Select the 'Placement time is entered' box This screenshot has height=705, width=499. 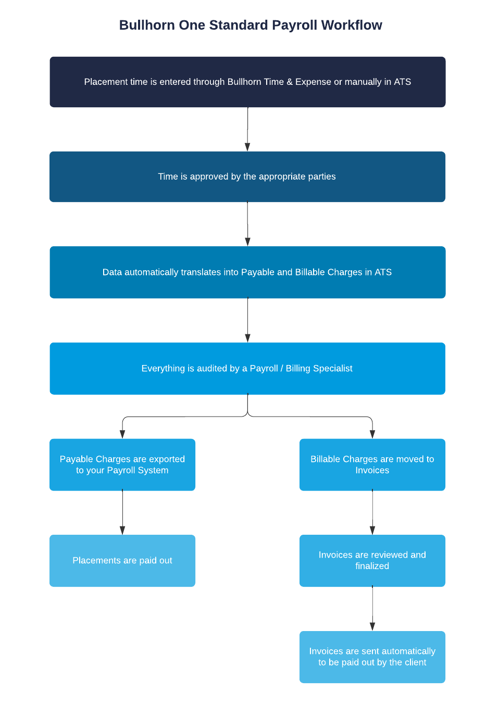tap(247, 82)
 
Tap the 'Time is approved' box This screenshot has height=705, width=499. tap(247, 177)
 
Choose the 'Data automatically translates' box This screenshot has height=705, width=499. tap(247, 272)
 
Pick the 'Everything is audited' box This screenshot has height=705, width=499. tap(247, 369)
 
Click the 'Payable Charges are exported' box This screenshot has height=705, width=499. tap(122, 464)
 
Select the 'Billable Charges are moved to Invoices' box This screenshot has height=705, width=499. tap(372, 464)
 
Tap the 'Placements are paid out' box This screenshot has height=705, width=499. tap(122, 561)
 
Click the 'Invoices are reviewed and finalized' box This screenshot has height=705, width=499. tap(372, 561)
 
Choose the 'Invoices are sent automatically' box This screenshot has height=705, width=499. tap(372, 657)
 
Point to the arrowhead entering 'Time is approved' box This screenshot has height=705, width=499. tap(247, 147)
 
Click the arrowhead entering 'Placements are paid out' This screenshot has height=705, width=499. tap(122, 531)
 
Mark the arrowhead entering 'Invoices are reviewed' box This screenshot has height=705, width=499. tap(372, 531)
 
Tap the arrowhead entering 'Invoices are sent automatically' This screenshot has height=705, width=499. tap(372, 627)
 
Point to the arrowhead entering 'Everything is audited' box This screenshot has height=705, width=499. tap(247, 338)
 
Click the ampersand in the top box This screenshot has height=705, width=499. tap(290, 82)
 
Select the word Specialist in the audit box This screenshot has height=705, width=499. tap(333, 369)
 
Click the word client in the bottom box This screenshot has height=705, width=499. tap(415, 662)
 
